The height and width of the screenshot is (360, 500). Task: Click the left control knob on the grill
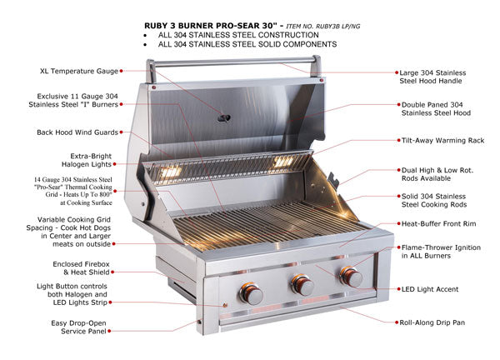point(251,292)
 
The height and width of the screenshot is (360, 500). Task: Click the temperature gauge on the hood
point(223,117)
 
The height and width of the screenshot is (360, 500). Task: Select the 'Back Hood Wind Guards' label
point(72,132)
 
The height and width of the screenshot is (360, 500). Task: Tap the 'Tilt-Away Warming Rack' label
point(447,142)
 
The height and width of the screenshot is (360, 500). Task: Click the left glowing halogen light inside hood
point(172,170)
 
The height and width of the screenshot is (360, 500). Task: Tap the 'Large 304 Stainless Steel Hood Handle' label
point(447,77)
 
